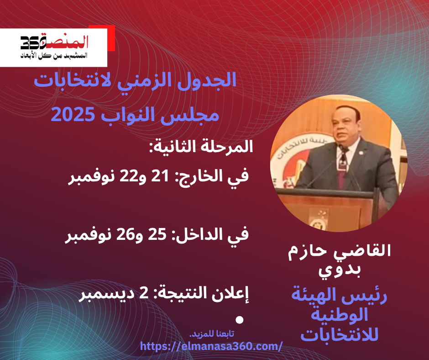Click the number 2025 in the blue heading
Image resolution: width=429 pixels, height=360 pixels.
72,115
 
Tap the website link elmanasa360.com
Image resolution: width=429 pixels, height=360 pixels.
211,346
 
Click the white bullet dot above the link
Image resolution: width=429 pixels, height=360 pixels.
240,320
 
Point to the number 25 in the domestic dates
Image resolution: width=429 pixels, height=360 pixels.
157,234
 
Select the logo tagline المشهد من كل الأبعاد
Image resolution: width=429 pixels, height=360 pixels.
54,55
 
